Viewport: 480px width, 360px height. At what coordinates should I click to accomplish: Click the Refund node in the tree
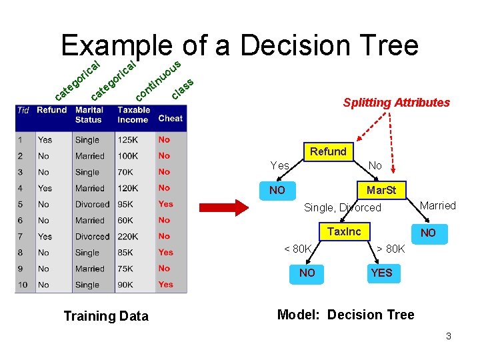[x=327, y=151]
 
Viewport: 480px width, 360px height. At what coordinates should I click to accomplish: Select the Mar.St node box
[x=381, y=190]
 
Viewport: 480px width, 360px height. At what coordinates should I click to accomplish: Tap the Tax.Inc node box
[x=344, y=231]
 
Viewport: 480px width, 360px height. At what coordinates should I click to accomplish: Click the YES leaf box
[x=381, y=273]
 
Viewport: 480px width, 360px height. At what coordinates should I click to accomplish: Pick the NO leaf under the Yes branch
[x=277, y=190]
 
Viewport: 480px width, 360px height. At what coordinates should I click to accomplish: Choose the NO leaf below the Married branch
[x=428, y=233]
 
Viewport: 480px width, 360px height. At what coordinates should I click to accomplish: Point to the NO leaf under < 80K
[x=307, y=273]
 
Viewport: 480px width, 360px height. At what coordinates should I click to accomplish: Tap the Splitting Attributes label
[x=396, y=103]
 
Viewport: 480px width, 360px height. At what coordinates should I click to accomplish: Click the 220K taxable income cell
[x=128, y=237]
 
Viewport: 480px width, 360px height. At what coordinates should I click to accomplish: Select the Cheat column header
[x=170, y=118]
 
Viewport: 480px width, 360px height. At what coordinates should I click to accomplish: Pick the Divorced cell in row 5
[x=92, y=205]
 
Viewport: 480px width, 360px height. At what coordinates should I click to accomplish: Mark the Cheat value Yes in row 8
[x=166, y=253]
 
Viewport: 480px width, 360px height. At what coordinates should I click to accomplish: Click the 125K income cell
[x=128, y=140]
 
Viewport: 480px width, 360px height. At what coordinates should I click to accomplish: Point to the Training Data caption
[x=105, y=316]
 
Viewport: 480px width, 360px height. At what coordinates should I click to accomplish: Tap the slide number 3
[x=449, y=336]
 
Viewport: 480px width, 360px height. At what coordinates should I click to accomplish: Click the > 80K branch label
[x=390, y=249]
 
